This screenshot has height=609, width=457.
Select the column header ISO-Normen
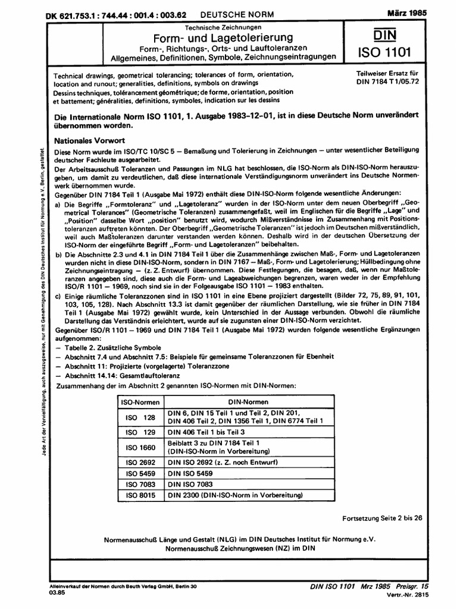coord(141,402)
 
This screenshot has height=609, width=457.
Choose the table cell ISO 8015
coord(141,495)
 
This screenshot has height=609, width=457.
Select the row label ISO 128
coord(141,417)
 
